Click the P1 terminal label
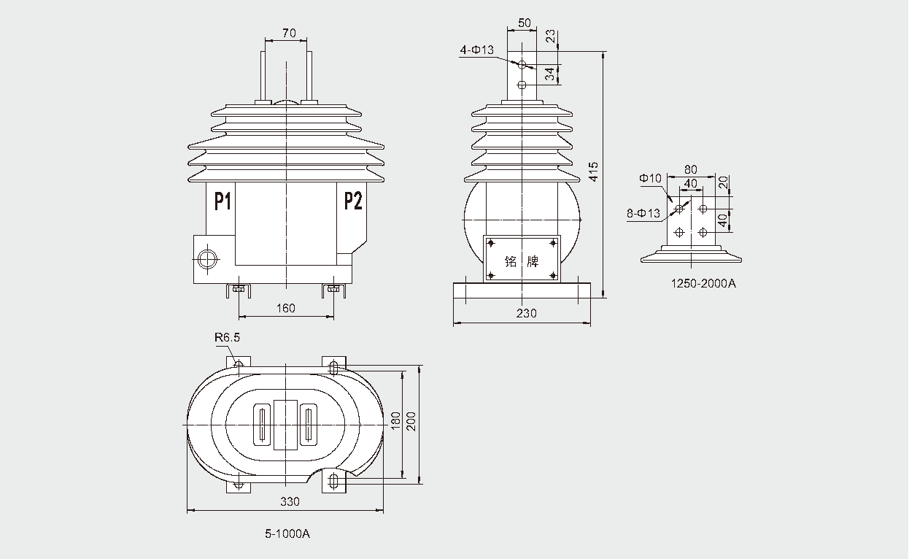(223, 201)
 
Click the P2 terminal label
(352, 201)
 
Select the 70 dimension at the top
(288, 33)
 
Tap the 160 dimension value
(286, 308)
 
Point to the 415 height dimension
(594, 171)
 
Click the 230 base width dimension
(526, 313)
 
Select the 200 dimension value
(411, 422)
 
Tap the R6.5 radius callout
(227, 338)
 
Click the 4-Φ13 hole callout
(477, 50)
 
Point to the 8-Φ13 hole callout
(643, 213)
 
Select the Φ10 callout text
(649, 178)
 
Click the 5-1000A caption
(287, 534)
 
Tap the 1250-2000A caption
(703, 283)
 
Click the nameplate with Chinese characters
(521, 259)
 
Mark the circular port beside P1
(206, 258)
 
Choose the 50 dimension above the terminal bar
(524, 23)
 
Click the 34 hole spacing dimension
(549, 74)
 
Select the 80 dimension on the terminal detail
(690, 170)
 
